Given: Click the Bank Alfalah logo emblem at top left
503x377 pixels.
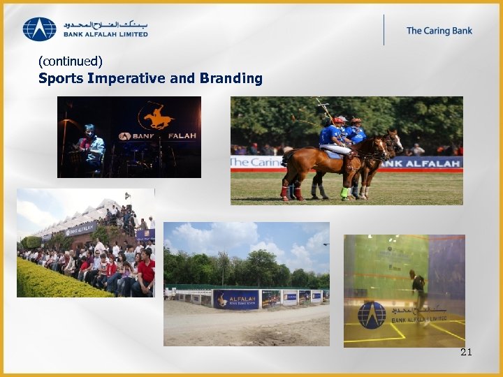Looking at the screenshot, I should [39, 29].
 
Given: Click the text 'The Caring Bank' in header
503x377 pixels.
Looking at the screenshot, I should [439, 31].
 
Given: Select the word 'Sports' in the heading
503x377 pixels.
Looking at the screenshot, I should [61, 78].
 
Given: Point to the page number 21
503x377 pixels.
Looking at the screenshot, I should [466, 352].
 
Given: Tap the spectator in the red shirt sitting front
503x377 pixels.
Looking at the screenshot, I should [145, 272].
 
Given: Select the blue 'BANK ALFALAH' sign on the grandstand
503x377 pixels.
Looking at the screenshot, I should [81, 228].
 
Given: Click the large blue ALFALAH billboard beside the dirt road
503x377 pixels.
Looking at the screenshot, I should [236, 299].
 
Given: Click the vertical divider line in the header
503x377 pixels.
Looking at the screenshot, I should [384, 29].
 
